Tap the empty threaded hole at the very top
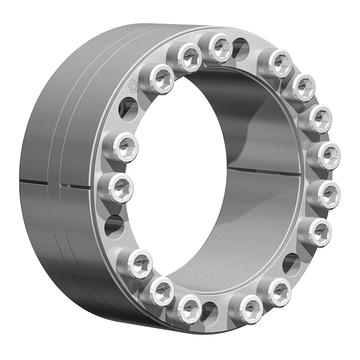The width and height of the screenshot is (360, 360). [240, 47]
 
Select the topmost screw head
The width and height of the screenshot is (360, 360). [220, 47]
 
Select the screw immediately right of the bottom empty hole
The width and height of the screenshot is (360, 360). [247, 307]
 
